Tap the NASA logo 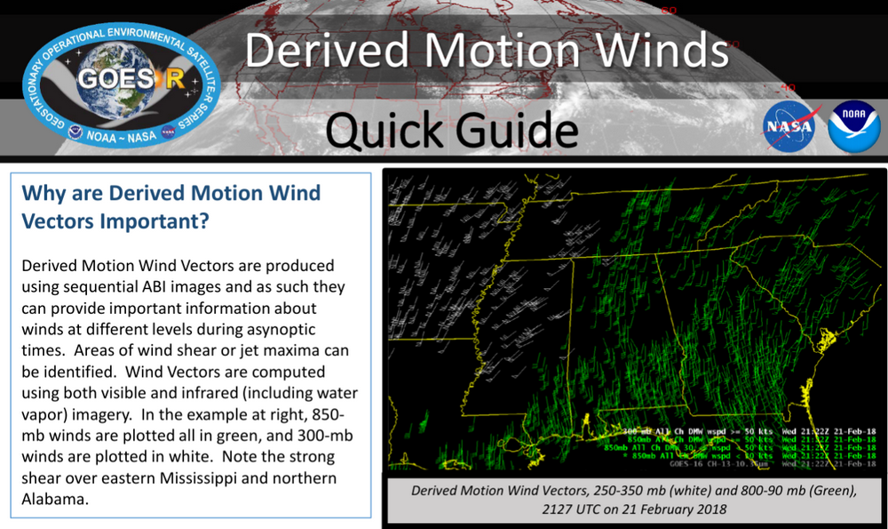pos(789,127)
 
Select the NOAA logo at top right pos(853,127)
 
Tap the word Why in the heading pos(41,193)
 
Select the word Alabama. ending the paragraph pos(56,500)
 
